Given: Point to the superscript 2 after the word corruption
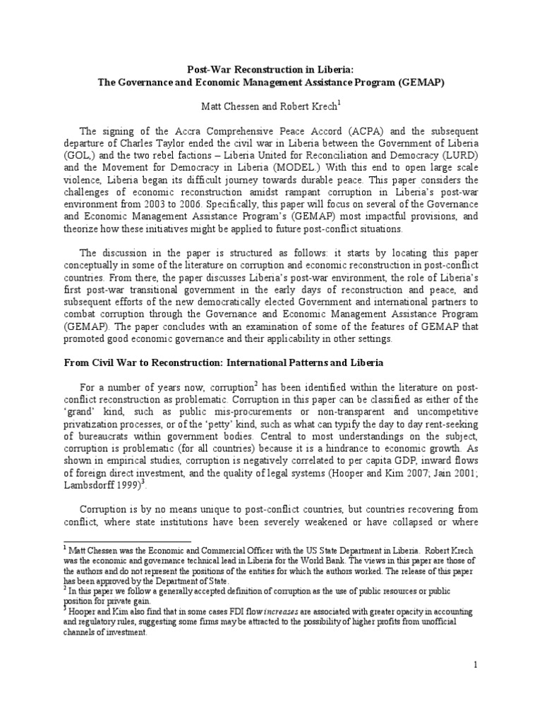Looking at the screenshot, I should (x=258, y=383).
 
